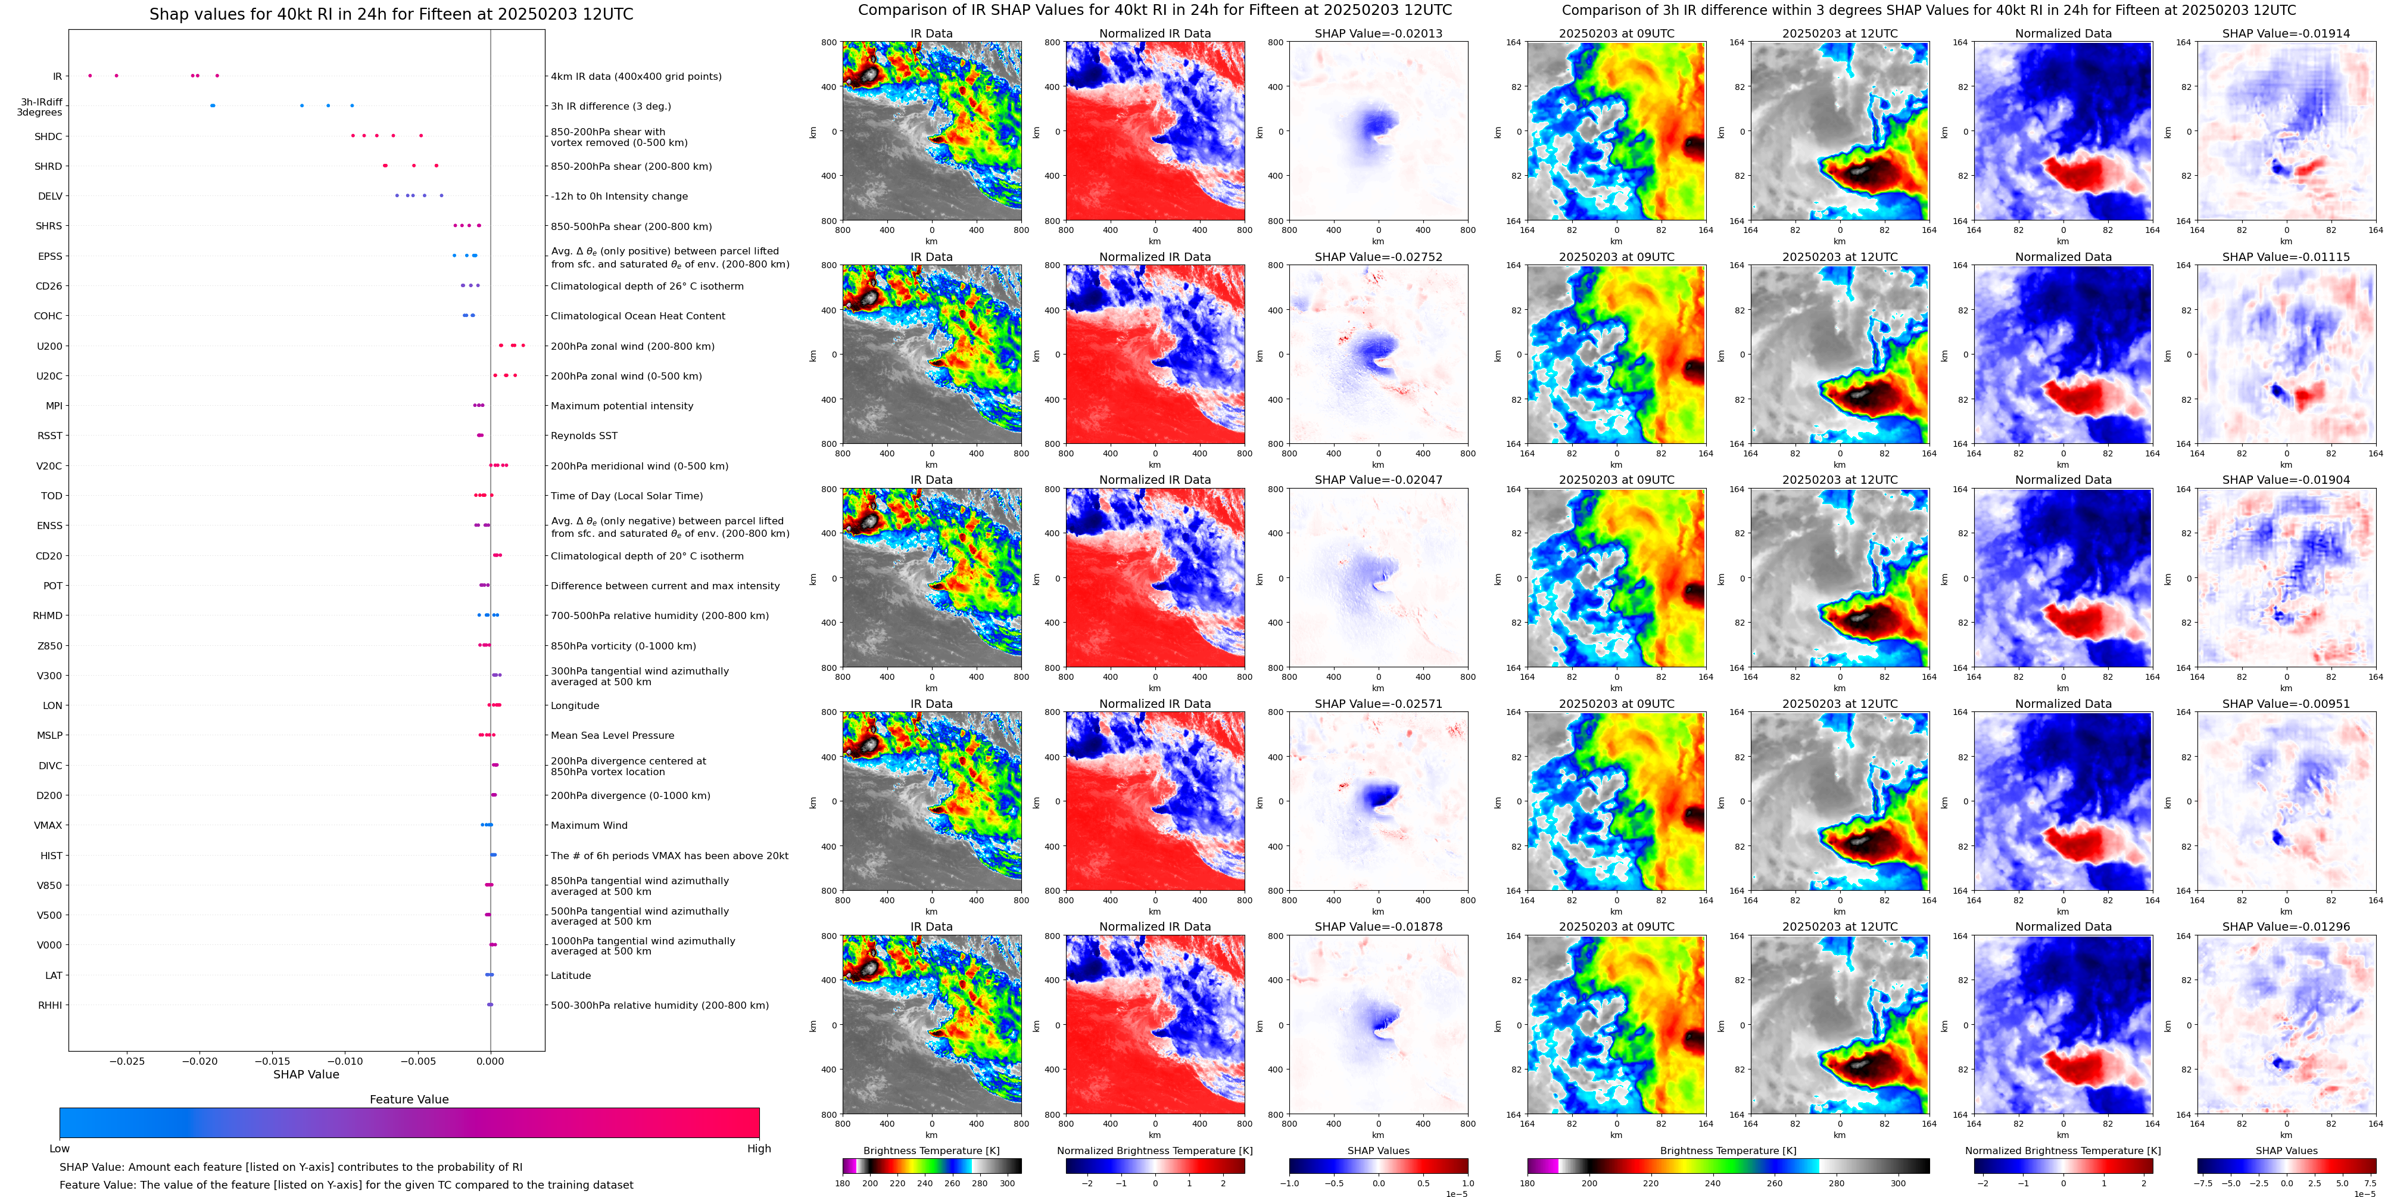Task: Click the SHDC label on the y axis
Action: pos(48,136)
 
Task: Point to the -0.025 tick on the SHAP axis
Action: pos(127,1061)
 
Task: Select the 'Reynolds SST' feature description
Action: pos(583,436)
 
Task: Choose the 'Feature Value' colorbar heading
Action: pos(409,1099)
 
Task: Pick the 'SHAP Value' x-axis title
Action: pos(306,1074)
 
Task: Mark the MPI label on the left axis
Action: pos(54,406)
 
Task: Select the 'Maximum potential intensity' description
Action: pos(621,406)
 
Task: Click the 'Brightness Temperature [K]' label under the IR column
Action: pos(931,1151)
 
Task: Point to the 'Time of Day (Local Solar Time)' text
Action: pos(626,496)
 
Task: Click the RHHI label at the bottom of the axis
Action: pos(50,1005)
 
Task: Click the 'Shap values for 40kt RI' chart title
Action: pos(391,14)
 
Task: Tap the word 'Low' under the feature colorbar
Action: pos(60,1149)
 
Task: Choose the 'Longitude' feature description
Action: pos(575,706)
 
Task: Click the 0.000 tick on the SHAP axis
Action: pos(490,1061)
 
